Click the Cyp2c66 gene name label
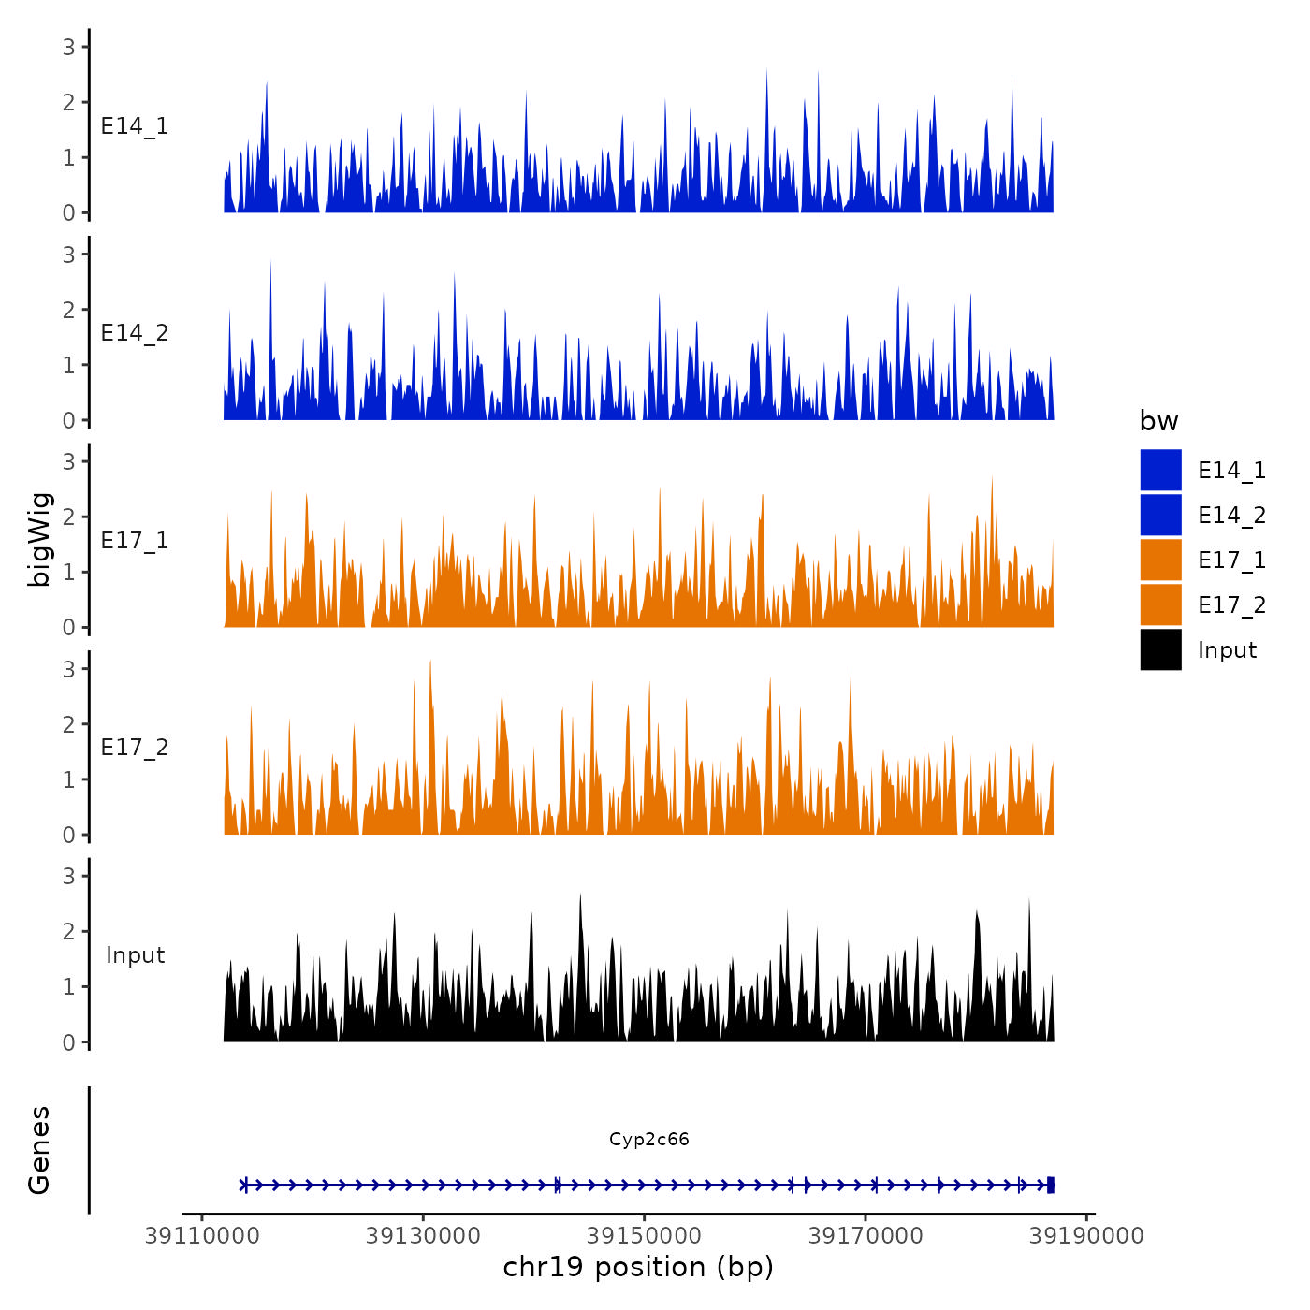point(648,1139)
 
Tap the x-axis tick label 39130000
point(423,1236)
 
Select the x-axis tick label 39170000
point(866,1236)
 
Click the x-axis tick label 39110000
point(202,1236)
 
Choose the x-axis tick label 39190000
point(1086,1236)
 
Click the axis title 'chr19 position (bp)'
point(638,1267)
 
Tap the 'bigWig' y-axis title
point(39,540)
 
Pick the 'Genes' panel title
point(39,1150)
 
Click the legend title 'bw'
point(1158,421)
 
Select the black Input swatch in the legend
point(1160,649)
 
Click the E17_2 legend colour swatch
point(1160,604)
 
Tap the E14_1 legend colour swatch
point(1160,470)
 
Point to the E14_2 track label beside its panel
point(135,333)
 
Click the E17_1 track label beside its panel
point(135,541)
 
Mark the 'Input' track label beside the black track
point(135,955)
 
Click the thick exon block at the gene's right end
point(1051,1185)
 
